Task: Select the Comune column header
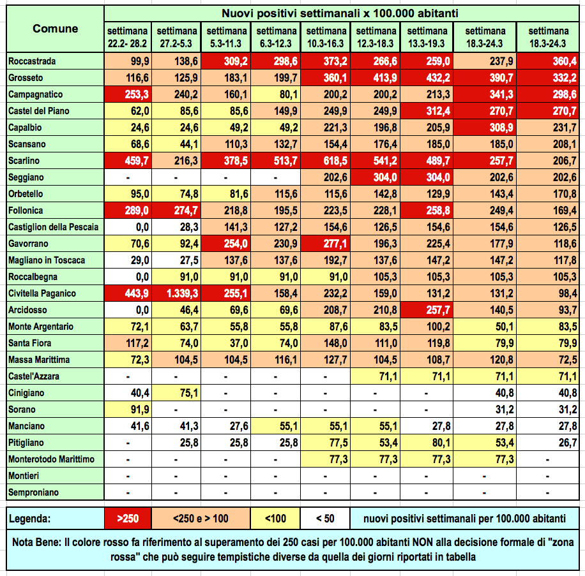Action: (x=56, y=29)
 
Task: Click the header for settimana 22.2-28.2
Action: (x=128, y=36)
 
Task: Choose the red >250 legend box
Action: (x=128, y=519)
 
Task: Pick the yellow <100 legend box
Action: (x=275, y=519)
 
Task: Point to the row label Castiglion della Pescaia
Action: (x=54, y=227)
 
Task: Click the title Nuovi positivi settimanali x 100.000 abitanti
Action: (x=344, y=13)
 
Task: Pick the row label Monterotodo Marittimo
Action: (x=51, y=459)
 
